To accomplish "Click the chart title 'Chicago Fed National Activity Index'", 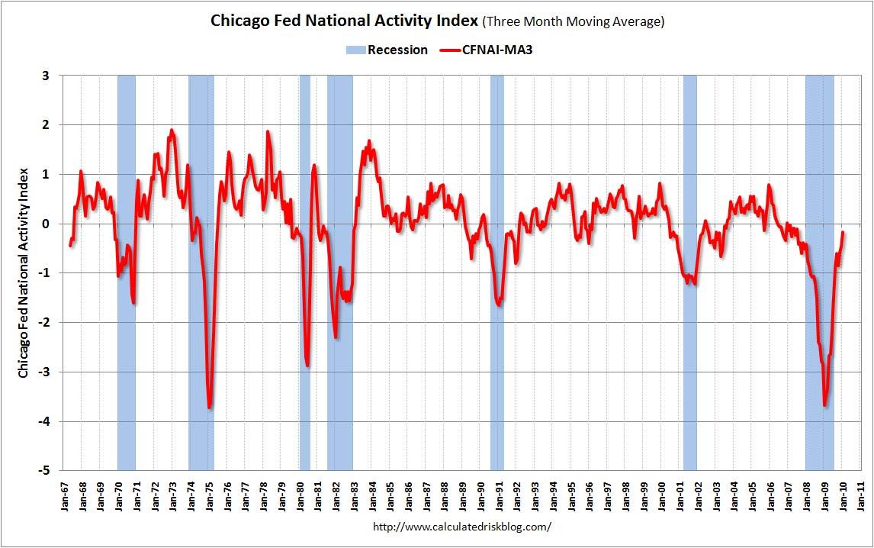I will (345, 21).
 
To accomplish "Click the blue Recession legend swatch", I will (355, 50).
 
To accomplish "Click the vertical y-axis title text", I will (23, 272).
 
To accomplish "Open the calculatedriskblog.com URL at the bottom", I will (461, 527).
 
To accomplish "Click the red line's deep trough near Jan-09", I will (825, 405).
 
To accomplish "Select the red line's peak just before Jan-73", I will (172, 131).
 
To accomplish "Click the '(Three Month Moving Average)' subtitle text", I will (574, 21).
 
